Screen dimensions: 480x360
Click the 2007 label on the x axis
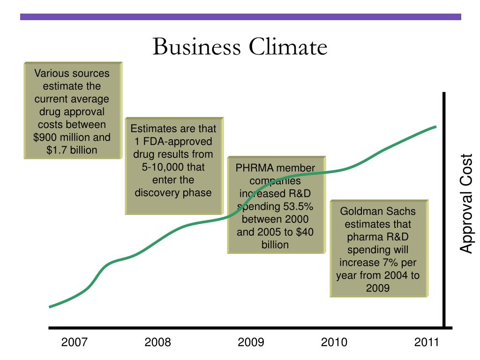pos(75,342)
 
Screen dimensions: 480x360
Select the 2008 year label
pos(157,342)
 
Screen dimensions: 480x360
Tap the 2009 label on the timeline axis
pos(251,342)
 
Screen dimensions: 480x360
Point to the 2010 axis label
pos(334,342)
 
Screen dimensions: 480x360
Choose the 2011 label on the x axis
pos(427,342)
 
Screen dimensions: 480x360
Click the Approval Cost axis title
pos(466,203)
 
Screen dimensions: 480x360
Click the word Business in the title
pos(196,47)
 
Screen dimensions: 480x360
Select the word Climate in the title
pos(288,47)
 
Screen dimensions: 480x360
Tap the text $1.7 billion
pos(72,150)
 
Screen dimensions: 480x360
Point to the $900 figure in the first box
pos(45,137)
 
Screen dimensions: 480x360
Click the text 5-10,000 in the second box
pos(163,167)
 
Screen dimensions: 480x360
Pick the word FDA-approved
pos(178,142)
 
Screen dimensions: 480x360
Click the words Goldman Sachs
pos(378,211)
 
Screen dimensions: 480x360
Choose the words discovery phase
pos(173,193)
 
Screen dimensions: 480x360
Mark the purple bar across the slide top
pos(240,17)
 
